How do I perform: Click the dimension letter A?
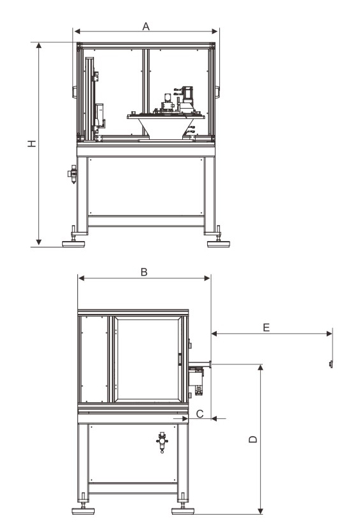pyautogui.click(x=146, y=26)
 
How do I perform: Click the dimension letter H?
pyautogui.click(x=32, y=143)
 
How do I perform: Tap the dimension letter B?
pyautogui.click(x=145, y=272)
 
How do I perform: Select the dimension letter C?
pyautogui.click(x=200, y=414)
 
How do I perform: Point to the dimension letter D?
pyautogui.click(x=253, y=439)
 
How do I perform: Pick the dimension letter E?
pyautogui.click(x=267, y=327)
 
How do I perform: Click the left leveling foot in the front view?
pyautogui.click(x=74, y=240)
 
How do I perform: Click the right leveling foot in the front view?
pyautogui.click(x=218, y=240)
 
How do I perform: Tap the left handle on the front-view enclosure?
pyautogui.click(x=74, y=92)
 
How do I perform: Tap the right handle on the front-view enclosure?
pyautogui.click(x=217, y=92)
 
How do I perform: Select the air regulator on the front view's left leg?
pyautogui.click(x=73, y=174)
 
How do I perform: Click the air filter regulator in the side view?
pyautogui.click(x=162, y=442)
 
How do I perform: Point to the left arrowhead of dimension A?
pyautogui.click(x=77, y=31)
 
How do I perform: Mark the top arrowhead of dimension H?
pyautogui.click(x=39, y=46)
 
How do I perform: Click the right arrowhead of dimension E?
pyautogui.click(x=329, y=334)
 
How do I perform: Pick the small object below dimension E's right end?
pyautogui.click(x=330, y=364)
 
